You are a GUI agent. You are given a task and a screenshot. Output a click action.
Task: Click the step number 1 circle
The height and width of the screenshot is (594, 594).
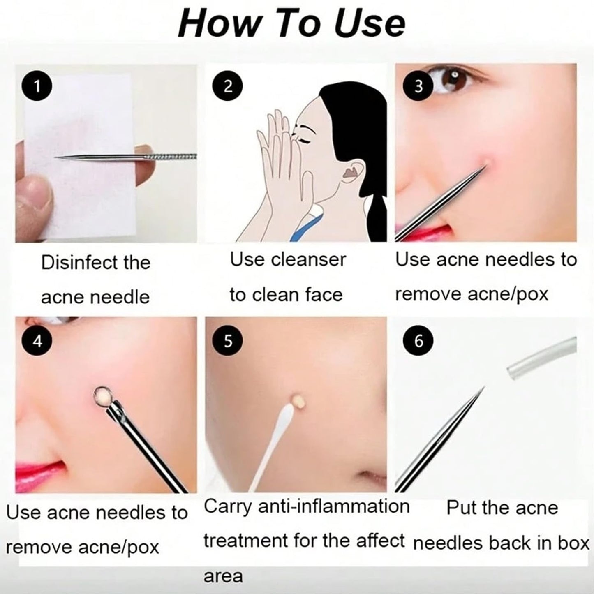[x=37, y=86]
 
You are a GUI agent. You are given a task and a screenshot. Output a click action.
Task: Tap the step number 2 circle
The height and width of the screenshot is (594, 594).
[x=227, y=86]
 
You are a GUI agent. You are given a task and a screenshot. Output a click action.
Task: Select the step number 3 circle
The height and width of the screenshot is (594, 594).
[x=418, y=86]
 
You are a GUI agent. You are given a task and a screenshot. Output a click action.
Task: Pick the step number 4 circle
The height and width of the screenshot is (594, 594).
[x=37, y=341]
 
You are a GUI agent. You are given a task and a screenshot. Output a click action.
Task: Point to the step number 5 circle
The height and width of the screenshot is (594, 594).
[x=227, y=341]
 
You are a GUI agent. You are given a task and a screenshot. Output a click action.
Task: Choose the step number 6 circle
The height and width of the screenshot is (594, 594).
[x=418, y=341]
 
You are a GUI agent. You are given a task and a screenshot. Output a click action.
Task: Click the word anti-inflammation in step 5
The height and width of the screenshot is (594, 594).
[x=334, y=506]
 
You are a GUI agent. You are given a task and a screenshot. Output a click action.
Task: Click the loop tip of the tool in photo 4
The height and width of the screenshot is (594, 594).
[x=102, y=396]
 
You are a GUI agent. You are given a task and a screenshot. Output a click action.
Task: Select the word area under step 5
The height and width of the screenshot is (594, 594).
[x=223, y=576]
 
